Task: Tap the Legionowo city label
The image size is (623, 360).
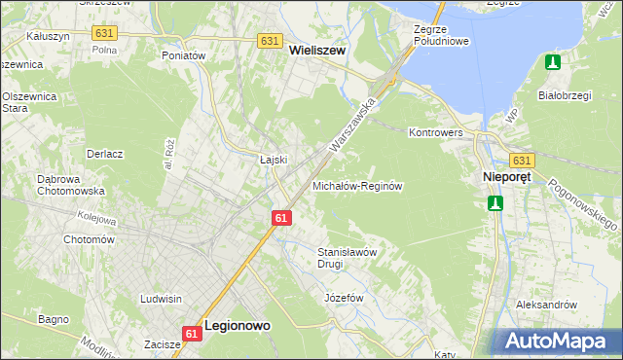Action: pos(238,328)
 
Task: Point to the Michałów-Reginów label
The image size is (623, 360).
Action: pos(357,185)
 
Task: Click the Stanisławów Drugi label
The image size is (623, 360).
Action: pos(347,258)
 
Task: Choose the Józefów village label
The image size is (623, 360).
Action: pos(343,297)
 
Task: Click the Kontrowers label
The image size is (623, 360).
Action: pos(434,131)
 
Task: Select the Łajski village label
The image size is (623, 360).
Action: pos(274,159)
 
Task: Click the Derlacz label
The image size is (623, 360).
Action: pos(104,154)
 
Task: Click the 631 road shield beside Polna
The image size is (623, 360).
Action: pos(105,33)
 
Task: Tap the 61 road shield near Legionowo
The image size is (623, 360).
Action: pos(191,334)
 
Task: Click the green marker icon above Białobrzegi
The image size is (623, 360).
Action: pos(553,62)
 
